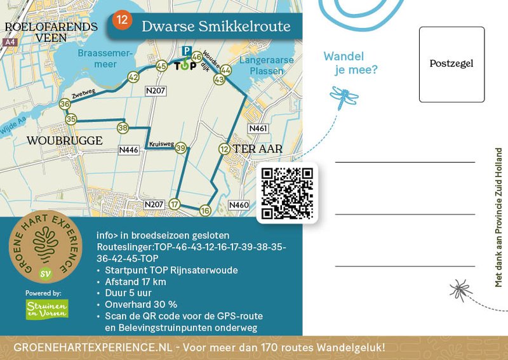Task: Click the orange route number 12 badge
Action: tap(121, 20)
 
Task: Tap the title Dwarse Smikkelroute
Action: tap(215, 26)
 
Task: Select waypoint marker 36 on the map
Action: tap(64, 103)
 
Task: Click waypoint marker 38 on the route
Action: tap(123, 128)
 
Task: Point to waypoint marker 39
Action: tap(181, 149)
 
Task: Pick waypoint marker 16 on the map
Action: tap(204, 210)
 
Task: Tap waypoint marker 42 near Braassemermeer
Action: tap(133, 77)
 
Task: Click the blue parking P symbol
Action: tap(186, 51)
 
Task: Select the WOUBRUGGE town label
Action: tap(64, 140)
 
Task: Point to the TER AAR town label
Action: tap(258, 149)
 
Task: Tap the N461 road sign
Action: tap(258, 128)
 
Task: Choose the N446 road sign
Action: tap(129, 150)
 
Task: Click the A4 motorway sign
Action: tap(9, 42)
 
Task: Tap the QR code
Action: tap(288, 193)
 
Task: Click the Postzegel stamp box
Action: tap(451, 64)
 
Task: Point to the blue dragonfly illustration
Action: tap(343, 97)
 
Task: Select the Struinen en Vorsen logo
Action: tap(46, 309)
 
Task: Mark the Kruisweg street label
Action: tap(161, 144)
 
